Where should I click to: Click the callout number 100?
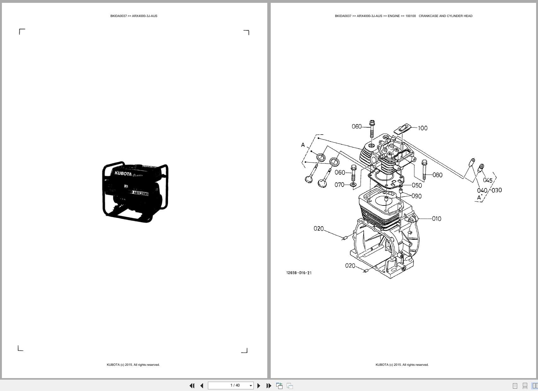pyautogui.click(x=423, y=128)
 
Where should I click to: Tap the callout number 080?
pyautogui.click(x=437, y=175)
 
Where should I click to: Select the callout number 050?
pyautogui.click(x=417, y=186)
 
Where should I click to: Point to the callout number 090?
pyautogui.click(x=416, y=196)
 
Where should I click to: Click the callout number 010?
pyautogui.click(x=437, y=219)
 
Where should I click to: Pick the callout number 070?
pyautogui.click(x=339, y=185)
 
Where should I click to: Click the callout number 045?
pyautogui.click(x=488, y=181)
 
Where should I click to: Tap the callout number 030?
pyautogui.click(x=497, y=190)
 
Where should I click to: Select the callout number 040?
pyautogui.click(x=482, y=190)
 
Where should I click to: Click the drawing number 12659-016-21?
pyautogui.click(x=299, y=273)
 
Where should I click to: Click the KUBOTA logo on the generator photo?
pyautogui.click(x=123, y=174)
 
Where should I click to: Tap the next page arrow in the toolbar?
pyautogui.click(x=259, y=386)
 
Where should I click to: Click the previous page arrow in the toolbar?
pyautogui.click(x=202, y=386)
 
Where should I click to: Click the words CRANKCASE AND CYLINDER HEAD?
pyautogui.click(x=445, y=16)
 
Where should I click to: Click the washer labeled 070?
pyautogui.click(x=353, y=184)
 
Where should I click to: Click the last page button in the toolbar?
pyautogui.click(x=269, y=386)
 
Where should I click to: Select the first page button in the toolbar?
pyautogui.click(x=192, y=386)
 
